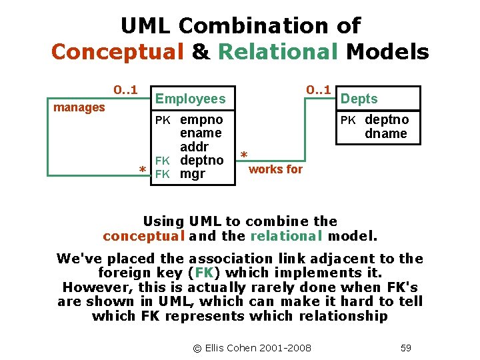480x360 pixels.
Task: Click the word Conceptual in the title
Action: click(117, 51)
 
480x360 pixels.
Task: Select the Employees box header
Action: click(190, 99)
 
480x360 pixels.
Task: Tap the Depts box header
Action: click(359, 99)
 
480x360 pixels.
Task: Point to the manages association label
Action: click(79, 107)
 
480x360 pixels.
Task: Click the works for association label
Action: click(275, 169)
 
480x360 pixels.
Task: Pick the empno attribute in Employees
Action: click(201, 120)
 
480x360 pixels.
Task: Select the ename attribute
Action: click(201, 133)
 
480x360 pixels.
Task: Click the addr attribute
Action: click(194, 147)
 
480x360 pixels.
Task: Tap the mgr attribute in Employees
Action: click(193, 175)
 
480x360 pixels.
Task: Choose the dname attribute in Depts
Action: click(385, 133)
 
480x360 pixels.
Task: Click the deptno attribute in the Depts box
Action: click(387, 120)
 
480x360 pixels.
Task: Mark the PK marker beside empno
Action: click(163, 121)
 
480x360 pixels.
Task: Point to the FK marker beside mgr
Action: click(163, 175)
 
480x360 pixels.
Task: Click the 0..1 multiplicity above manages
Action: click(125, 89)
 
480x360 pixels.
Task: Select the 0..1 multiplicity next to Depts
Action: click(317, 89)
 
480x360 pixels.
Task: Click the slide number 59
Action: click(406, 347)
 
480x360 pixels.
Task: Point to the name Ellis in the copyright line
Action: click(219, 347)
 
